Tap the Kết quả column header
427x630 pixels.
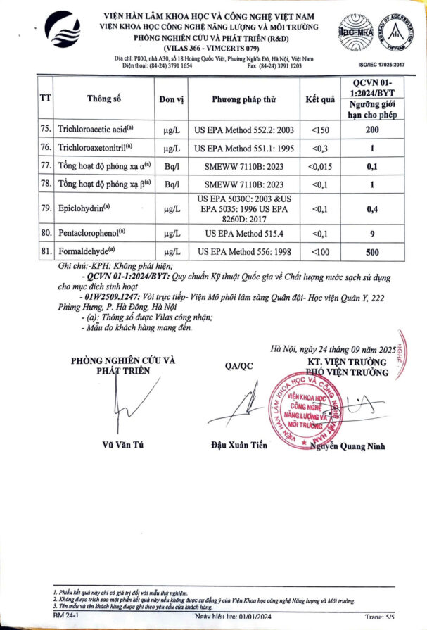click(x=320, y=99)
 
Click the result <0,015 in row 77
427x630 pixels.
click(x=320, y=165)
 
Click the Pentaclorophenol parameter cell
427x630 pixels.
click(x=92, y=233)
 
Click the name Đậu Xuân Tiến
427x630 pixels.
click(x=238, y=445)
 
